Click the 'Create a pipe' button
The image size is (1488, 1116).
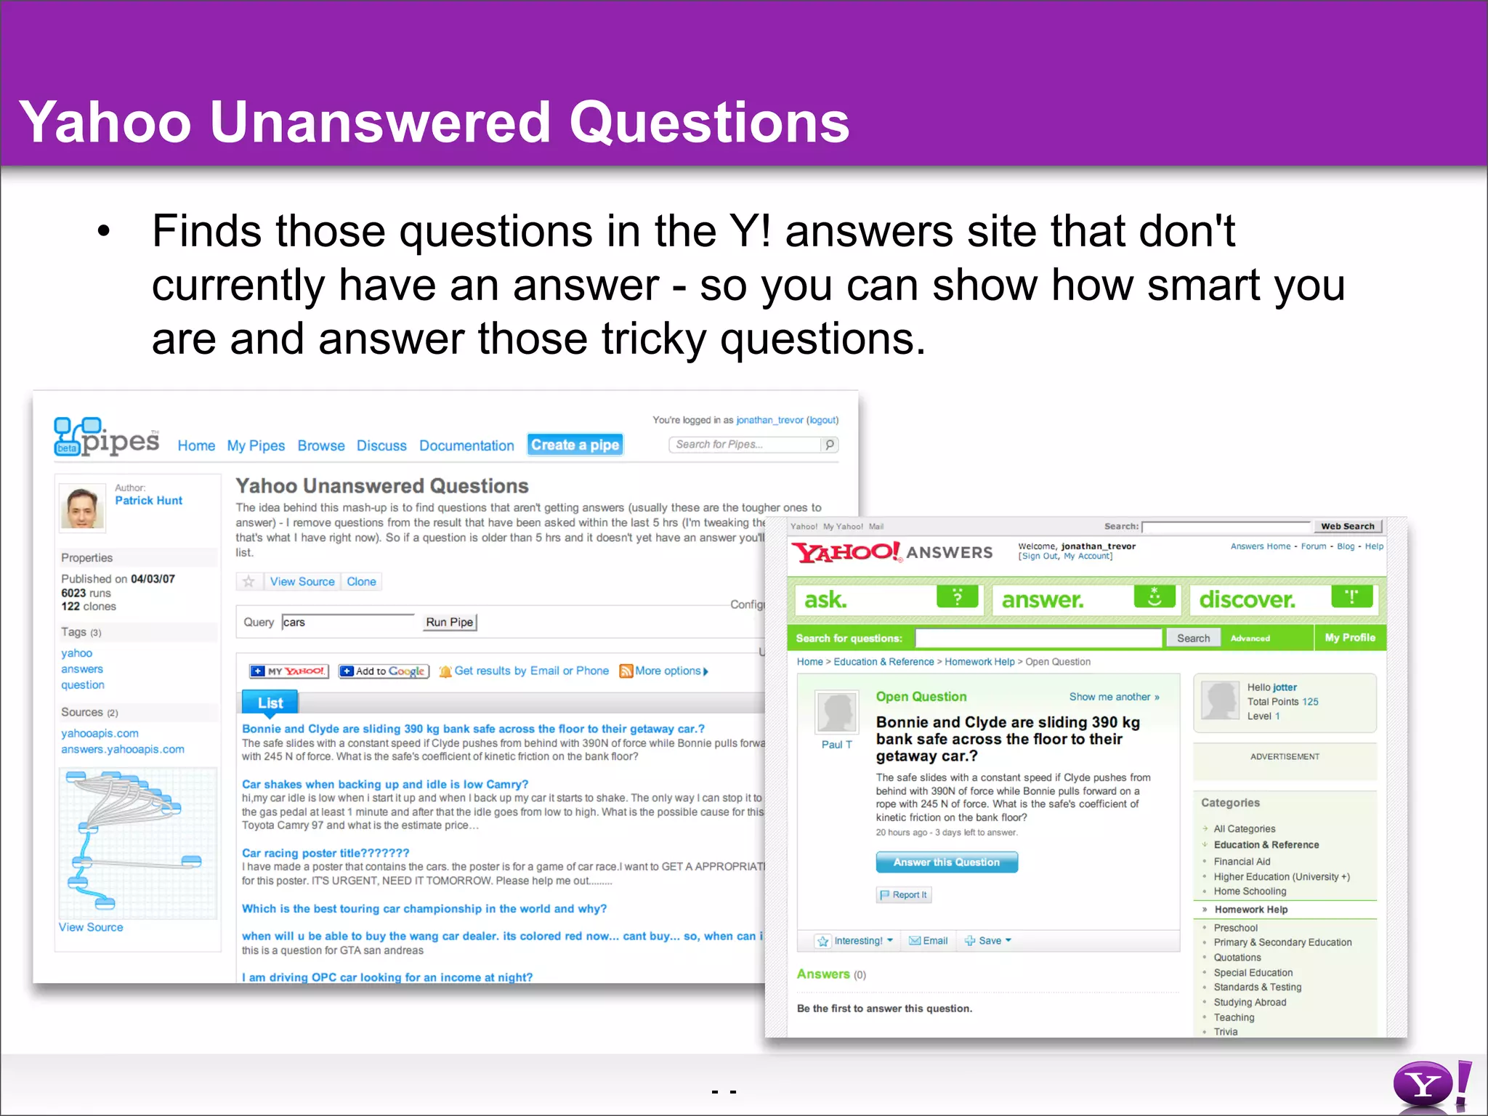(x=575, y=445)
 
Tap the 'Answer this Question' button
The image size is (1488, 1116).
(x=946, y=862)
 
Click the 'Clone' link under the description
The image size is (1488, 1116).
(x=361, y=581)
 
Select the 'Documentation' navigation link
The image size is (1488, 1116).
(x=466, y=445)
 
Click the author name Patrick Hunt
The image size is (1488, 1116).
(x=148, y=501)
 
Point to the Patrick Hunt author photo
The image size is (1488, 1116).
(x=82, y=507)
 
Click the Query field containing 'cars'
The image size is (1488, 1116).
(x=347, y=622)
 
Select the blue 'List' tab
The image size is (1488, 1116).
(x=270, y=703)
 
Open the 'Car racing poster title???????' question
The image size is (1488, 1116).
(x=325, y=853)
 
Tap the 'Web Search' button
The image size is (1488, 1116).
(x=1347, y=526)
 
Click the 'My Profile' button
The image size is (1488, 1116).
(x=1350, y=637)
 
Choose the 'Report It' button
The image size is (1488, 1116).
(x=904, y=894)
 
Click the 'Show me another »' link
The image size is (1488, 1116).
(x=1114, y=697)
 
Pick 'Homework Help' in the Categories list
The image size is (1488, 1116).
(x=1250, y=910)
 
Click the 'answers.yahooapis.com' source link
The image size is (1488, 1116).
(x=123, y=749)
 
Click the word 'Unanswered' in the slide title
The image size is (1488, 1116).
(x=380, y=122)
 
